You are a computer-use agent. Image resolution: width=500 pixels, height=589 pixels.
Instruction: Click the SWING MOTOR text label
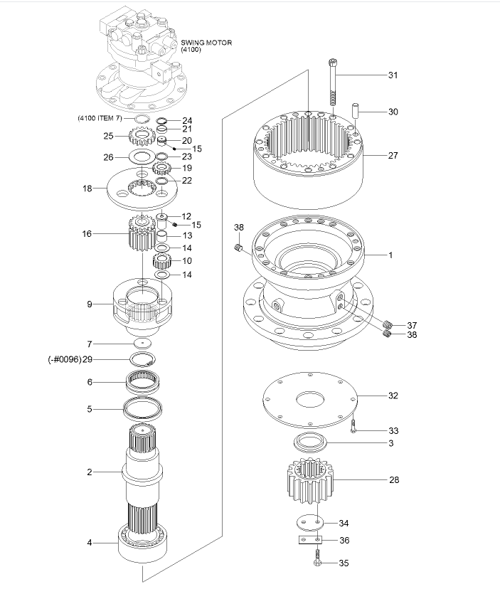coord(206,43)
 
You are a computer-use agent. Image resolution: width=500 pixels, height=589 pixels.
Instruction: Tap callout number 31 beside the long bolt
coord(393,75)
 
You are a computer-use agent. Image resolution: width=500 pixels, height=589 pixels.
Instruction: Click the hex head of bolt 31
coord(332,62)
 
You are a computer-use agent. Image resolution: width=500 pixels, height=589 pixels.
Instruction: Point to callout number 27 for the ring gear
coord(393,155)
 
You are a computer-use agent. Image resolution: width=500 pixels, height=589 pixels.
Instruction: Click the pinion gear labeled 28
coord(310,480)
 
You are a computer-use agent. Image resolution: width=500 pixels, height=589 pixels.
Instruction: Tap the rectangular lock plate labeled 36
coord(311,540)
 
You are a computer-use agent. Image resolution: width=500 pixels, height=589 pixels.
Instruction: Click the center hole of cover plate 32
coord(310,399)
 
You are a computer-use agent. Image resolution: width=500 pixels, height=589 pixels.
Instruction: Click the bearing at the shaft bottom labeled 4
coord(143,541)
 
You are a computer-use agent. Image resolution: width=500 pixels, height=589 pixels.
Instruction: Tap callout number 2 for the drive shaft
coord(90,472)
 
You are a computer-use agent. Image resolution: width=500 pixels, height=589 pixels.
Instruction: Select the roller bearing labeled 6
coord(144,383)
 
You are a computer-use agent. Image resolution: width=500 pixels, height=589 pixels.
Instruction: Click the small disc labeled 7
coord(143,344)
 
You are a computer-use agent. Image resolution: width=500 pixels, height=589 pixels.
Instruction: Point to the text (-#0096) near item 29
coord(65,359)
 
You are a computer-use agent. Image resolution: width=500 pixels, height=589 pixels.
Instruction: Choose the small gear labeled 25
coord(142,136)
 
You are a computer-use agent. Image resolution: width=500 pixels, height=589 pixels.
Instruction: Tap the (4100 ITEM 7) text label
coord(100,118)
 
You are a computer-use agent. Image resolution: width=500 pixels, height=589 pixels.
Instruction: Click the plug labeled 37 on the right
coord(388,324)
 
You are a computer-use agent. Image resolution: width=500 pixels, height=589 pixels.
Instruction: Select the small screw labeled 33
coord(353,426)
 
